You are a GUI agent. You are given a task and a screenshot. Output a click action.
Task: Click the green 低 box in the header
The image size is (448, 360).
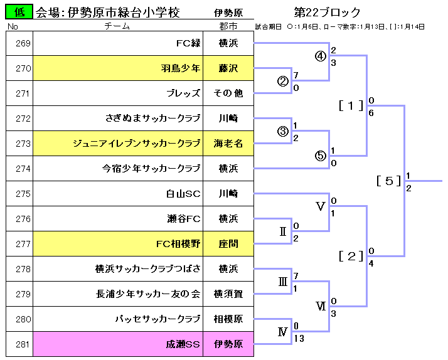point(19,12)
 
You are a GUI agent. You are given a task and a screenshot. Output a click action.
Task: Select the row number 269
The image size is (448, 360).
point(23,43)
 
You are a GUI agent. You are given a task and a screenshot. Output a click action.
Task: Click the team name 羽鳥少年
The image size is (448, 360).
point(181,68)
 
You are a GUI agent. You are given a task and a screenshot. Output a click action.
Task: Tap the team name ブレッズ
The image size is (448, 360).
point(183,93)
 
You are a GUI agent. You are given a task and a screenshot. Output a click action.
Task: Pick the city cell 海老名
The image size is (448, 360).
point(228,144)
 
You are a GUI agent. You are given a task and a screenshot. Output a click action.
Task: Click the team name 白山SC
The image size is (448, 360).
point(183,194)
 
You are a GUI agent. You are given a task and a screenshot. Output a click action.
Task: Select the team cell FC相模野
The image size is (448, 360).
point(178,244)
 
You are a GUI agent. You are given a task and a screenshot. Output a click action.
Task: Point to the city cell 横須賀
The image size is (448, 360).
point(228,294)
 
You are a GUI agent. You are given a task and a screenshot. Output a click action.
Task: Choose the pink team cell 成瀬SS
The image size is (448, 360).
point(183,344)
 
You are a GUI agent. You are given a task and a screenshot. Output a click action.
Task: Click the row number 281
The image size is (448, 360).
point(23,344)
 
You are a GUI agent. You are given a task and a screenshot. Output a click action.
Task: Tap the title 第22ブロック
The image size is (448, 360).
point(327,13)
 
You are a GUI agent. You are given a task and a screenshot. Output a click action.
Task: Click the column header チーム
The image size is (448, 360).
point(117,26)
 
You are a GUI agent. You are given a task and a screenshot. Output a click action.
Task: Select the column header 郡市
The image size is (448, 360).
point(228,26)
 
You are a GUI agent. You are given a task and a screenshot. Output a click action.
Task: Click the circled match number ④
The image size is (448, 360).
point(321,56)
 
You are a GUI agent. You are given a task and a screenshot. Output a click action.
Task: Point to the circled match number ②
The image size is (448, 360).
point(283,82)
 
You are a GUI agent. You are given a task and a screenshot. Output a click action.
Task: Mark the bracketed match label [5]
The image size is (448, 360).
point(389,181)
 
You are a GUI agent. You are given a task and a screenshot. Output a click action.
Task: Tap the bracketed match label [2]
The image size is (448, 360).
point(351,256)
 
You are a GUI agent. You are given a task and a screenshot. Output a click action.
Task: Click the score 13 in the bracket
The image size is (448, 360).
point(298,339)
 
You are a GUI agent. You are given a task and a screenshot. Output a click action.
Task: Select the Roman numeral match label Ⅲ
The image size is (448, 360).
point(283,282)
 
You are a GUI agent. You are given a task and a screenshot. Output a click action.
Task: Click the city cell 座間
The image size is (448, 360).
point(228,244)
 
